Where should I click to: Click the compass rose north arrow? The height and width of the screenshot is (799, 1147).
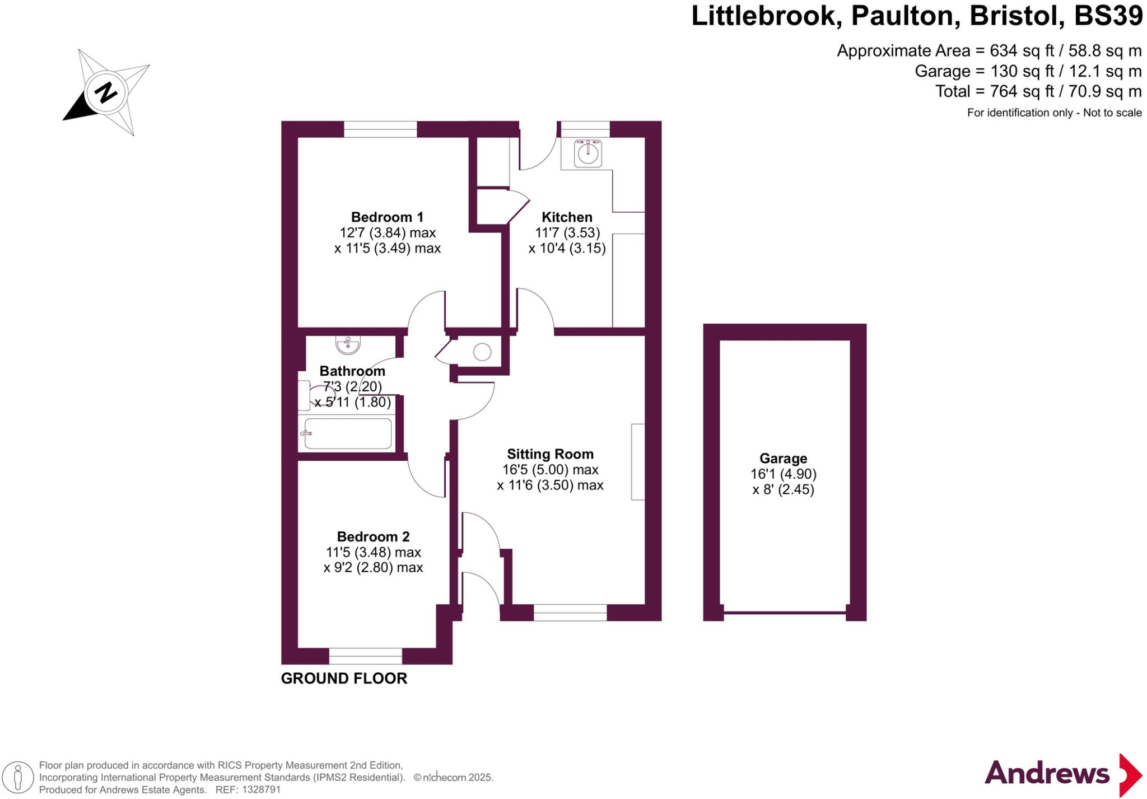[105, 92]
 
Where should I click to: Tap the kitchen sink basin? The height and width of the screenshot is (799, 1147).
[588, 153]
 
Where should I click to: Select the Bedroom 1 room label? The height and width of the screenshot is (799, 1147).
[387, 217]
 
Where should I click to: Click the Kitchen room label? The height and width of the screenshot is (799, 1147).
[567, 217]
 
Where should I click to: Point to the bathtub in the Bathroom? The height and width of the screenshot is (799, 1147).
[348, 433]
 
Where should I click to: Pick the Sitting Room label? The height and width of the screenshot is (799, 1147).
[550, 454]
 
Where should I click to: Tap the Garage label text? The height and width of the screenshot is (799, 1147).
[783, 459]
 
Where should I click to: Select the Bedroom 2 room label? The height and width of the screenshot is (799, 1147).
[373, 536]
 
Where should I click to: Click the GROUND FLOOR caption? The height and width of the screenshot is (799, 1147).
[344, 678]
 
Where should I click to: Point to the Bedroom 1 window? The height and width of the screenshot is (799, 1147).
[380, 129]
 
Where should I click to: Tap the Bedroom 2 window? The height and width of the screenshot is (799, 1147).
[365, 656]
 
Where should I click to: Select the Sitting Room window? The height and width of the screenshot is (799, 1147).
[570, 613]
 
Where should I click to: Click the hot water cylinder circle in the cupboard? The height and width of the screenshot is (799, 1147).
[482, 352]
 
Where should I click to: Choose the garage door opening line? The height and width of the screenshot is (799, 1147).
[785, 613]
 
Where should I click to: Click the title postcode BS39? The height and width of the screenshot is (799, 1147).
[1108, 16]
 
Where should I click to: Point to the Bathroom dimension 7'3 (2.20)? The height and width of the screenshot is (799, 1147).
[352, 386]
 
